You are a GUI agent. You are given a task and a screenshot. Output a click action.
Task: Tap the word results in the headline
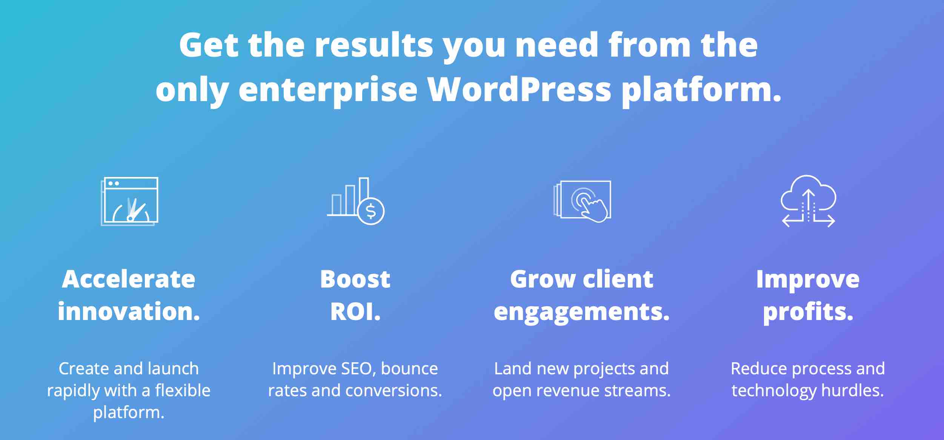point(374,45)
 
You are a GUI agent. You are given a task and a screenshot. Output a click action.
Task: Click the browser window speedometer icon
point(129,201)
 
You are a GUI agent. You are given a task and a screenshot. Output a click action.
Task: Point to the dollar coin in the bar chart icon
point(371,211)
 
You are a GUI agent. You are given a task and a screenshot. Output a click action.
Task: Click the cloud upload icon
point(808,201)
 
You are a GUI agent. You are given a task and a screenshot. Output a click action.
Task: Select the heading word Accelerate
point(129,279)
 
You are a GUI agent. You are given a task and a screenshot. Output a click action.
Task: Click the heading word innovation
point(129,312)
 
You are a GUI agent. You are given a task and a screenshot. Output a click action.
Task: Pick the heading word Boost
point(355,279)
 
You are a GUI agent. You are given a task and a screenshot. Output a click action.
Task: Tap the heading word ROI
point(355,312)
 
